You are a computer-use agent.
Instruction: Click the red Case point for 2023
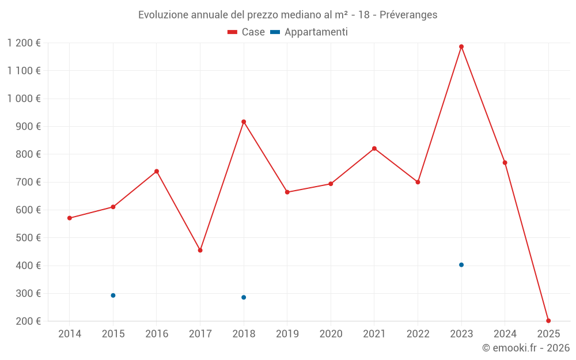click(461, 47)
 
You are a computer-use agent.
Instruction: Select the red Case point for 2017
click(200, 251)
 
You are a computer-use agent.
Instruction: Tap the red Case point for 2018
click(244, 122)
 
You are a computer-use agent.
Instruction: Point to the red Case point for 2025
click(548, 321)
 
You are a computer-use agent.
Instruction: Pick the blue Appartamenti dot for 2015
click(113, 295)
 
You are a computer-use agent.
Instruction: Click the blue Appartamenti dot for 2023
click(461, 265)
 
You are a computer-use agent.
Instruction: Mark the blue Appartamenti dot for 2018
click(244, 297)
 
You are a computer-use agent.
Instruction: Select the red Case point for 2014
click(70, 218)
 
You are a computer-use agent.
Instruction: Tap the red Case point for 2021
click(374, 149)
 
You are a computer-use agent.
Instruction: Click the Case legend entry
click(247, 32)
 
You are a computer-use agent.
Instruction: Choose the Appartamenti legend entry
click(309, 32)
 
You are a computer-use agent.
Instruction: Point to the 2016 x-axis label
click(157, 334)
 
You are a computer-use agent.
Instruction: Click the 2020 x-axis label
click(331, 334)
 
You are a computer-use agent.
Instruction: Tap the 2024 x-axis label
click(505, 334)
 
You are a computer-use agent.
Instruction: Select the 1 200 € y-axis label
click(24, 43)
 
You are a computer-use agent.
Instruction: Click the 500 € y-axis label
click(28, 238)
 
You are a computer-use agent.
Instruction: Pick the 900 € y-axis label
click(28, 127)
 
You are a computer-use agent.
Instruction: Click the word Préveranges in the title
click(408, 15)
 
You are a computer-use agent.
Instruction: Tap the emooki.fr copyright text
click(526, 348)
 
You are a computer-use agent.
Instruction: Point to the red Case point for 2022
click(418, 182)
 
